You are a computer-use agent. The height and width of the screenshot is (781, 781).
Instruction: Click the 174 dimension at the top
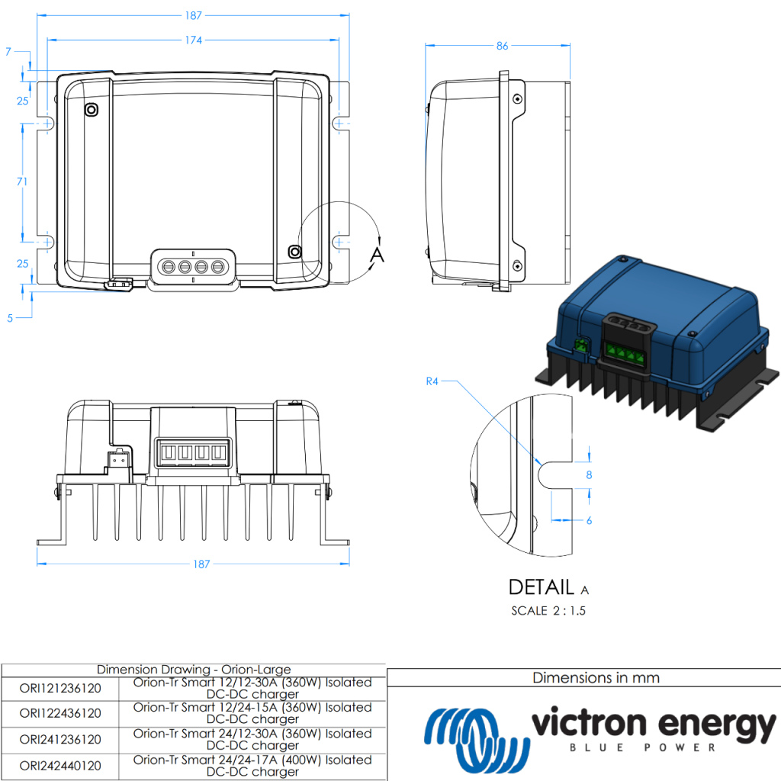pos(192,40)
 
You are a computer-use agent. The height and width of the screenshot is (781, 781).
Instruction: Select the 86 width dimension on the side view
pos(501,47)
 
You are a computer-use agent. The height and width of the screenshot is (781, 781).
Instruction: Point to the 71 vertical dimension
pos(22,182)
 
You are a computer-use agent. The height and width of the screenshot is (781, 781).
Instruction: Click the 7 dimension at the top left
pos(8,52)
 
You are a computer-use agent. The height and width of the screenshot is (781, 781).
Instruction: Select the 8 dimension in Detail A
pos(588,474)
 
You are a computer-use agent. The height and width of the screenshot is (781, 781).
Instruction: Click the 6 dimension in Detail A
pos(589,520)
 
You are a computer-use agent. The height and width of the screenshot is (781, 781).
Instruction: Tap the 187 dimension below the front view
pos(201,564)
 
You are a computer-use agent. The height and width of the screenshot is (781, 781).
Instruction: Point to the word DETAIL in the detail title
pos(541,587)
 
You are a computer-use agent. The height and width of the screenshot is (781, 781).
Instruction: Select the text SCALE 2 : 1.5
pos(548,611)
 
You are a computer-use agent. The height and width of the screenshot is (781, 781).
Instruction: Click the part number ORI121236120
pos(60,689)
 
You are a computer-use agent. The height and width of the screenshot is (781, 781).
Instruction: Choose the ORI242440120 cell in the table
pos(60,766)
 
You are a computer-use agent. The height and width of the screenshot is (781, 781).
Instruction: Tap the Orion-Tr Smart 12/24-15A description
pos(252,713)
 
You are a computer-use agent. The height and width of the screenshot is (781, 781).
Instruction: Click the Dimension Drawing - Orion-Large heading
pos(194,670)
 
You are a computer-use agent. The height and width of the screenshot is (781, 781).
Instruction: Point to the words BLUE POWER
pos(643,748)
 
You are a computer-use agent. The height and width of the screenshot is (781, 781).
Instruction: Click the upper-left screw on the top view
pos(91,111)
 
